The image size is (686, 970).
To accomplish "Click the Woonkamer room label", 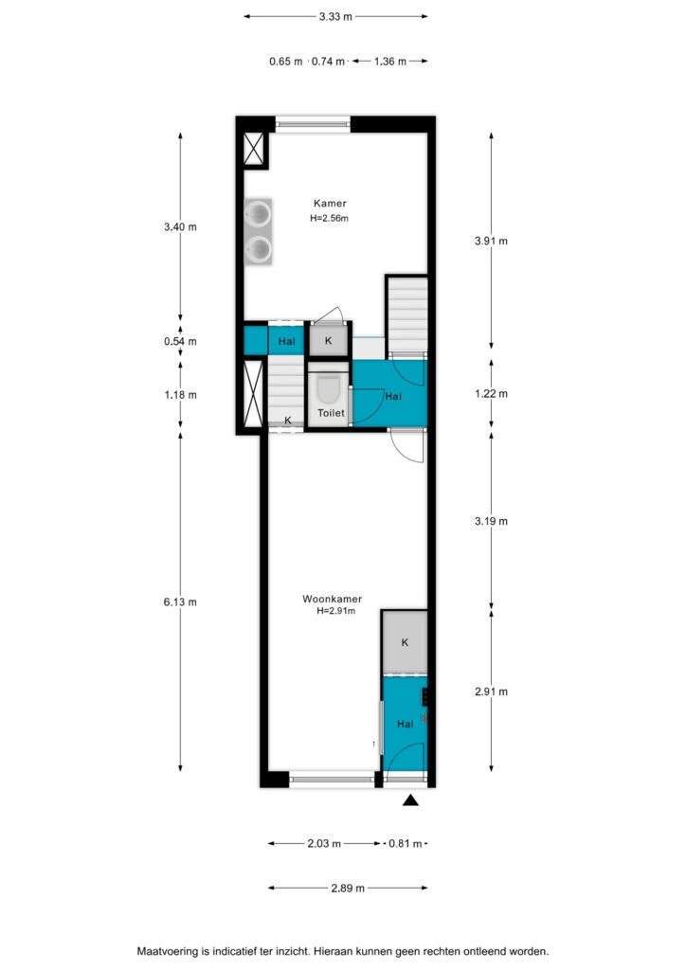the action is pos(332,599).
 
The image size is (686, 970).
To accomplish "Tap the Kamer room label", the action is pos(330,203).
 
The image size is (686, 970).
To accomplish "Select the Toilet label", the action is pos(331,413).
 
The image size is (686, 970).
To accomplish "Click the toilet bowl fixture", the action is pos(329,389).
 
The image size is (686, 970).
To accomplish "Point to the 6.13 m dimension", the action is pos(180,602).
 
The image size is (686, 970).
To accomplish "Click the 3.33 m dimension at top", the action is pos(335,17).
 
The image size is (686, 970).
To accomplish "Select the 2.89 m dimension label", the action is pos(348,889).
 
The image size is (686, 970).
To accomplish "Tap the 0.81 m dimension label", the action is pos(406,843).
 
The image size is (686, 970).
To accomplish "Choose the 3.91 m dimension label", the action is pos(491,242).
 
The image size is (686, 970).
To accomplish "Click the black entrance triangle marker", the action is pos(410,801).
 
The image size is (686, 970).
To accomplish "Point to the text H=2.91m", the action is pos(335,611).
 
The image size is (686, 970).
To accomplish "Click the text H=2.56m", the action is pos(329,218).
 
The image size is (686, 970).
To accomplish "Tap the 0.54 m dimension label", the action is pos(180,341).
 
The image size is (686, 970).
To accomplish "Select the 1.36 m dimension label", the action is pos(390,62).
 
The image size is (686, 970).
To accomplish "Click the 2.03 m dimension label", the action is pos(324,843).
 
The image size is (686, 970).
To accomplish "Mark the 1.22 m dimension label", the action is pos(491,394).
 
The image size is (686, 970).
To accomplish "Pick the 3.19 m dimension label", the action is pos(491,522).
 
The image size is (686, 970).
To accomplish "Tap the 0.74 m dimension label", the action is pos(328,62).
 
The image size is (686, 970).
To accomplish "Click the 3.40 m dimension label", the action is pos(180,227).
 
